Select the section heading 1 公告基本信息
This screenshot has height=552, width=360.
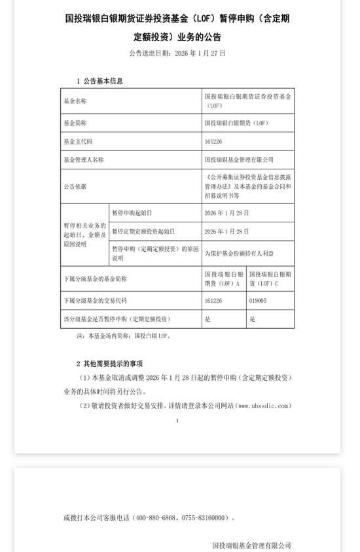(99, 81)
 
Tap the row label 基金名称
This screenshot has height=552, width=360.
(75, 101)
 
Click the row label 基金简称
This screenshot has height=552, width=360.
(75, 122)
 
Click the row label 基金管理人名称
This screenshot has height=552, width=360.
(82, 159)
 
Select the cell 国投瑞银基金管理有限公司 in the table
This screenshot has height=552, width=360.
(239, 159)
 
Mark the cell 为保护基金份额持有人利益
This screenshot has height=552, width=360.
(240, 252)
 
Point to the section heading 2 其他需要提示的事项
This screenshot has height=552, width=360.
(109, 363)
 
